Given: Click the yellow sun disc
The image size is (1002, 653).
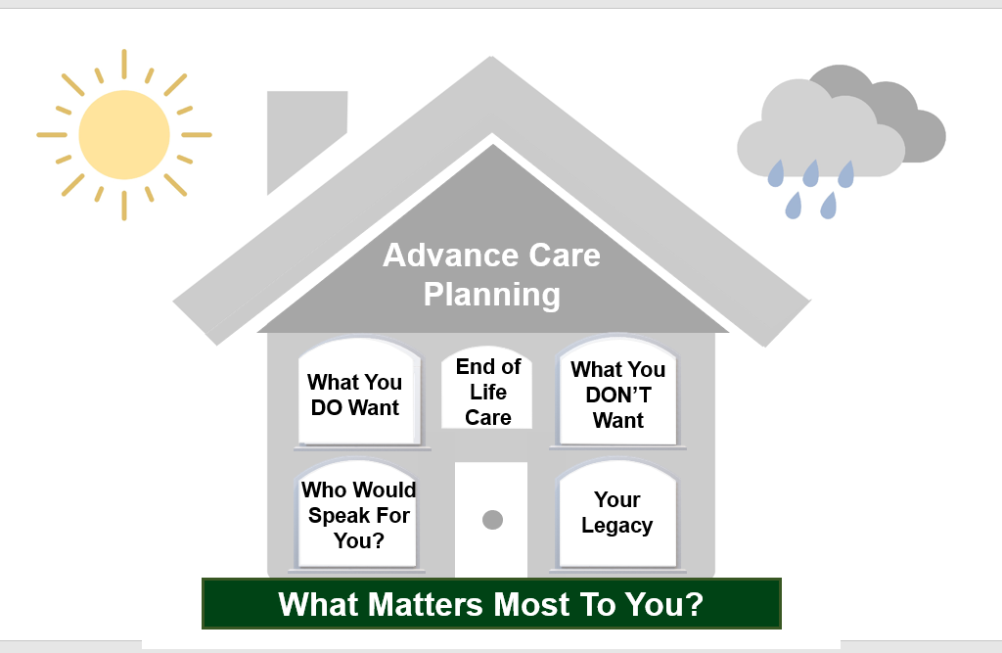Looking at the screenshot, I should [x=124, y=134].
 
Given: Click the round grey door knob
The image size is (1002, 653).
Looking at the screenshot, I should [x=492, y=520].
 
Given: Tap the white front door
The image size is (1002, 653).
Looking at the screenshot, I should [x=491, y=548].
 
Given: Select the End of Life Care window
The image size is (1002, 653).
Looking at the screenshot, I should [x=488, y=391].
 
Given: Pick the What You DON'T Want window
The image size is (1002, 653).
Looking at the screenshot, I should [x=617, y=394].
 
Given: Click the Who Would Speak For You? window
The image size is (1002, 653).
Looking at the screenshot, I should [x=358, y=514].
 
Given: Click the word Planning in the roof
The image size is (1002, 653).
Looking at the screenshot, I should [x=492, y=294].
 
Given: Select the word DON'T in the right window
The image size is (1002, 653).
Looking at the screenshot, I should [x=617, y=395].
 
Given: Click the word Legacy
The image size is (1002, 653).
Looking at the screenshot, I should [x=616, y=526].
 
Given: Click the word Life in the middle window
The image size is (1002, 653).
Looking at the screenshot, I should [x=488, y=392].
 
